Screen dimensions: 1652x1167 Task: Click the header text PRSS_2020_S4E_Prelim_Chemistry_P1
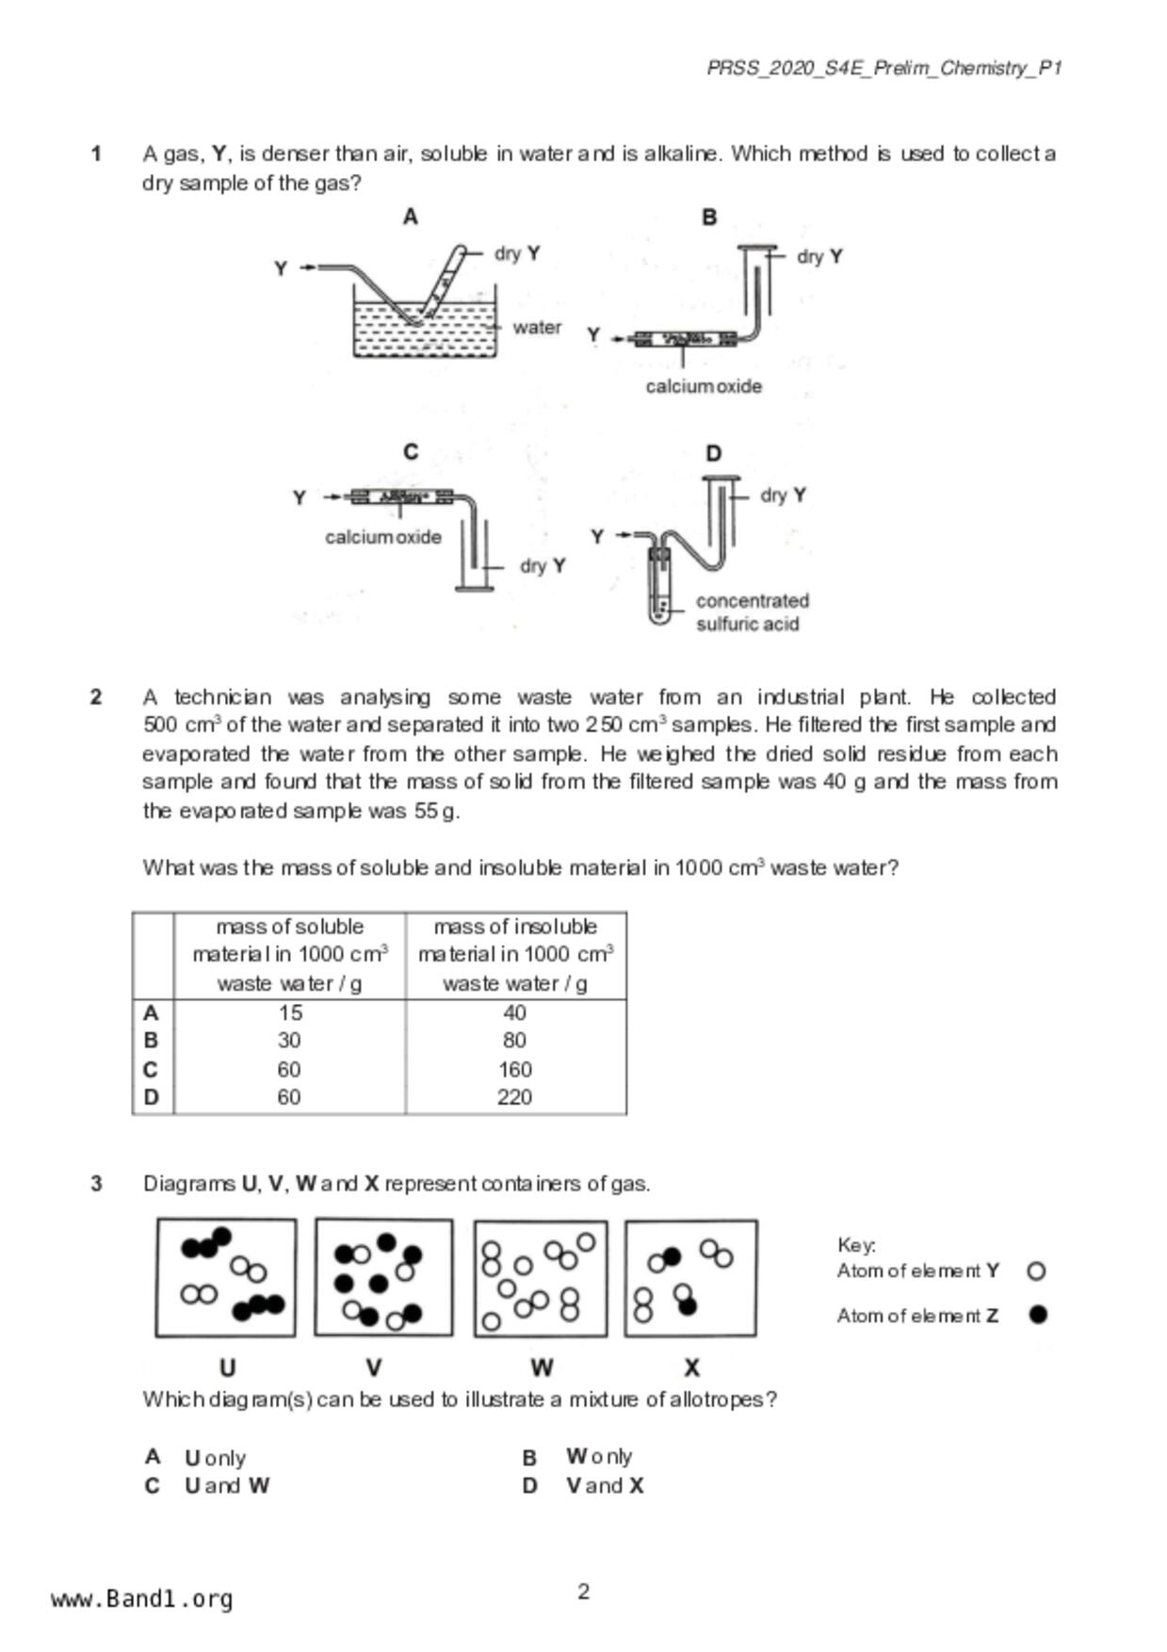(883, 68)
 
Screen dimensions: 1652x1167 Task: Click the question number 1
(96, 154)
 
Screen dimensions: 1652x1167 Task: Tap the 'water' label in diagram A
(537, 328)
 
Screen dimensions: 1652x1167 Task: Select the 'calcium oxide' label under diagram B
(704, 386)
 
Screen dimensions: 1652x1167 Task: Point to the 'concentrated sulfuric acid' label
(752, 612)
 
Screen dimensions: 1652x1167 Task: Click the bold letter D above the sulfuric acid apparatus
(713, 454)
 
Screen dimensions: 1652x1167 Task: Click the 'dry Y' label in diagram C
(543, 566)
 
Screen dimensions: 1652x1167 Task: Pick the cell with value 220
(514, 1097)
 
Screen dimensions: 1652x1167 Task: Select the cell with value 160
(514, 1070)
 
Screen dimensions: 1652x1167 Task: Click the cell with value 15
(290, 1013)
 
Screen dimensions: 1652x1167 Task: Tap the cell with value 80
(514, 1041)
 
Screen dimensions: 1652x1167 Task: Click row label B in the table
(152, 1041)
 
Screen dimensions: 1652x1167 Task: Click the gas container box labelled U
(226, 1278)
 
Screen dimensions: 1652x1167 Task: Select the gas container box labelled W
(541, 1278)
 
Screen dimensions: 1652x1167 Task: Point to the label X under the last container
(691, 1368)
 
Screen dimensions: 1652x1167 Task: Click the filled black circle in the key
(1038, 1315)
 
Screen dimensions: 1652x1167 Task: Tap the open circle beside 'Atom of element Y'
(1036, 1271)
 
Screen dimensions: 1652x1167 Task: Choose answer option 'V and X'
(604, 1486)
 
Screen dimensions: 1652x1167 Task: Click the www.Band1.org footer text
(142, 1599)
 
